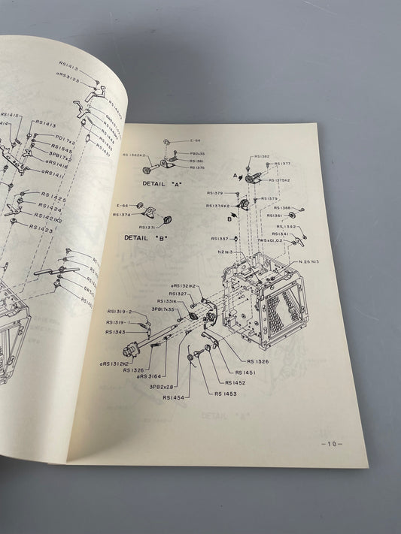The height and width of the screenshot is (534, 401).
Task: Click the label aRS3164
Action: pyautogui.click(x=150, y=376)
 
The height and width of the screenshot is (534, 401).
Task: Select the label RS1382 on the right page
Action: pyautogui.click(x=262, y=157)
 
